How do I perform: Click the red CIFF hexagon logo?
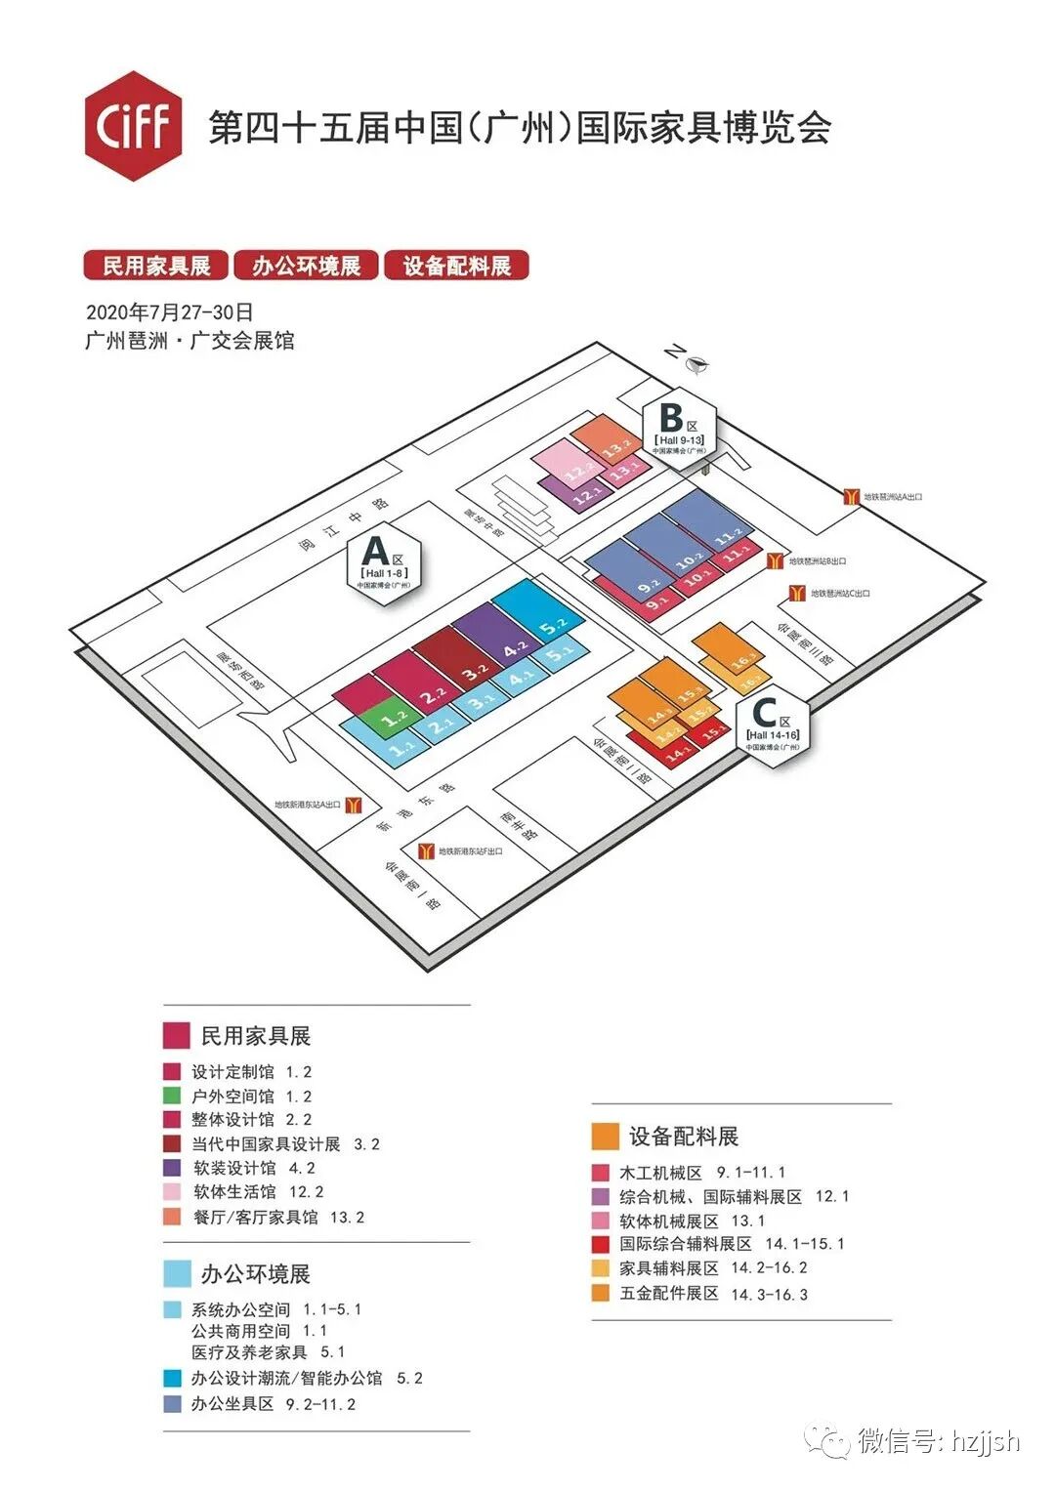point(133,126)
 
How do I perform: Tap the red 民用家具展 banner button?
point(155,266)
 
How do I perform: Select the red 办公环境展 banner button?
point(306,266)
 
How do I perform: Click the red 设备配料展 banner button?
point(456,266)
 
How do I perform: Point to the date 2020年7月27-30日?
point(169,312)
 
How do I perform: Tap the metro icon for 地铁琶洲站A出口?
point(851,497)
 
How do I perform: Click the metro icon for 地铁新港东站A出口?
point(355,805)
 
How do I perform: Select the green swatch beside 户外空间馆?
point(172,1097)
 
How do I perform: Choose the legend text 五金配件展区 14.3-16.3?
point(713,1294)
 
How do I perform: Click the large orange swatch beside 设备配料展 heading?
point(605,1136)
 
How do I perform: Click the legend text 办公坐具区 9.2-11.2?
point(273,1404)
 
